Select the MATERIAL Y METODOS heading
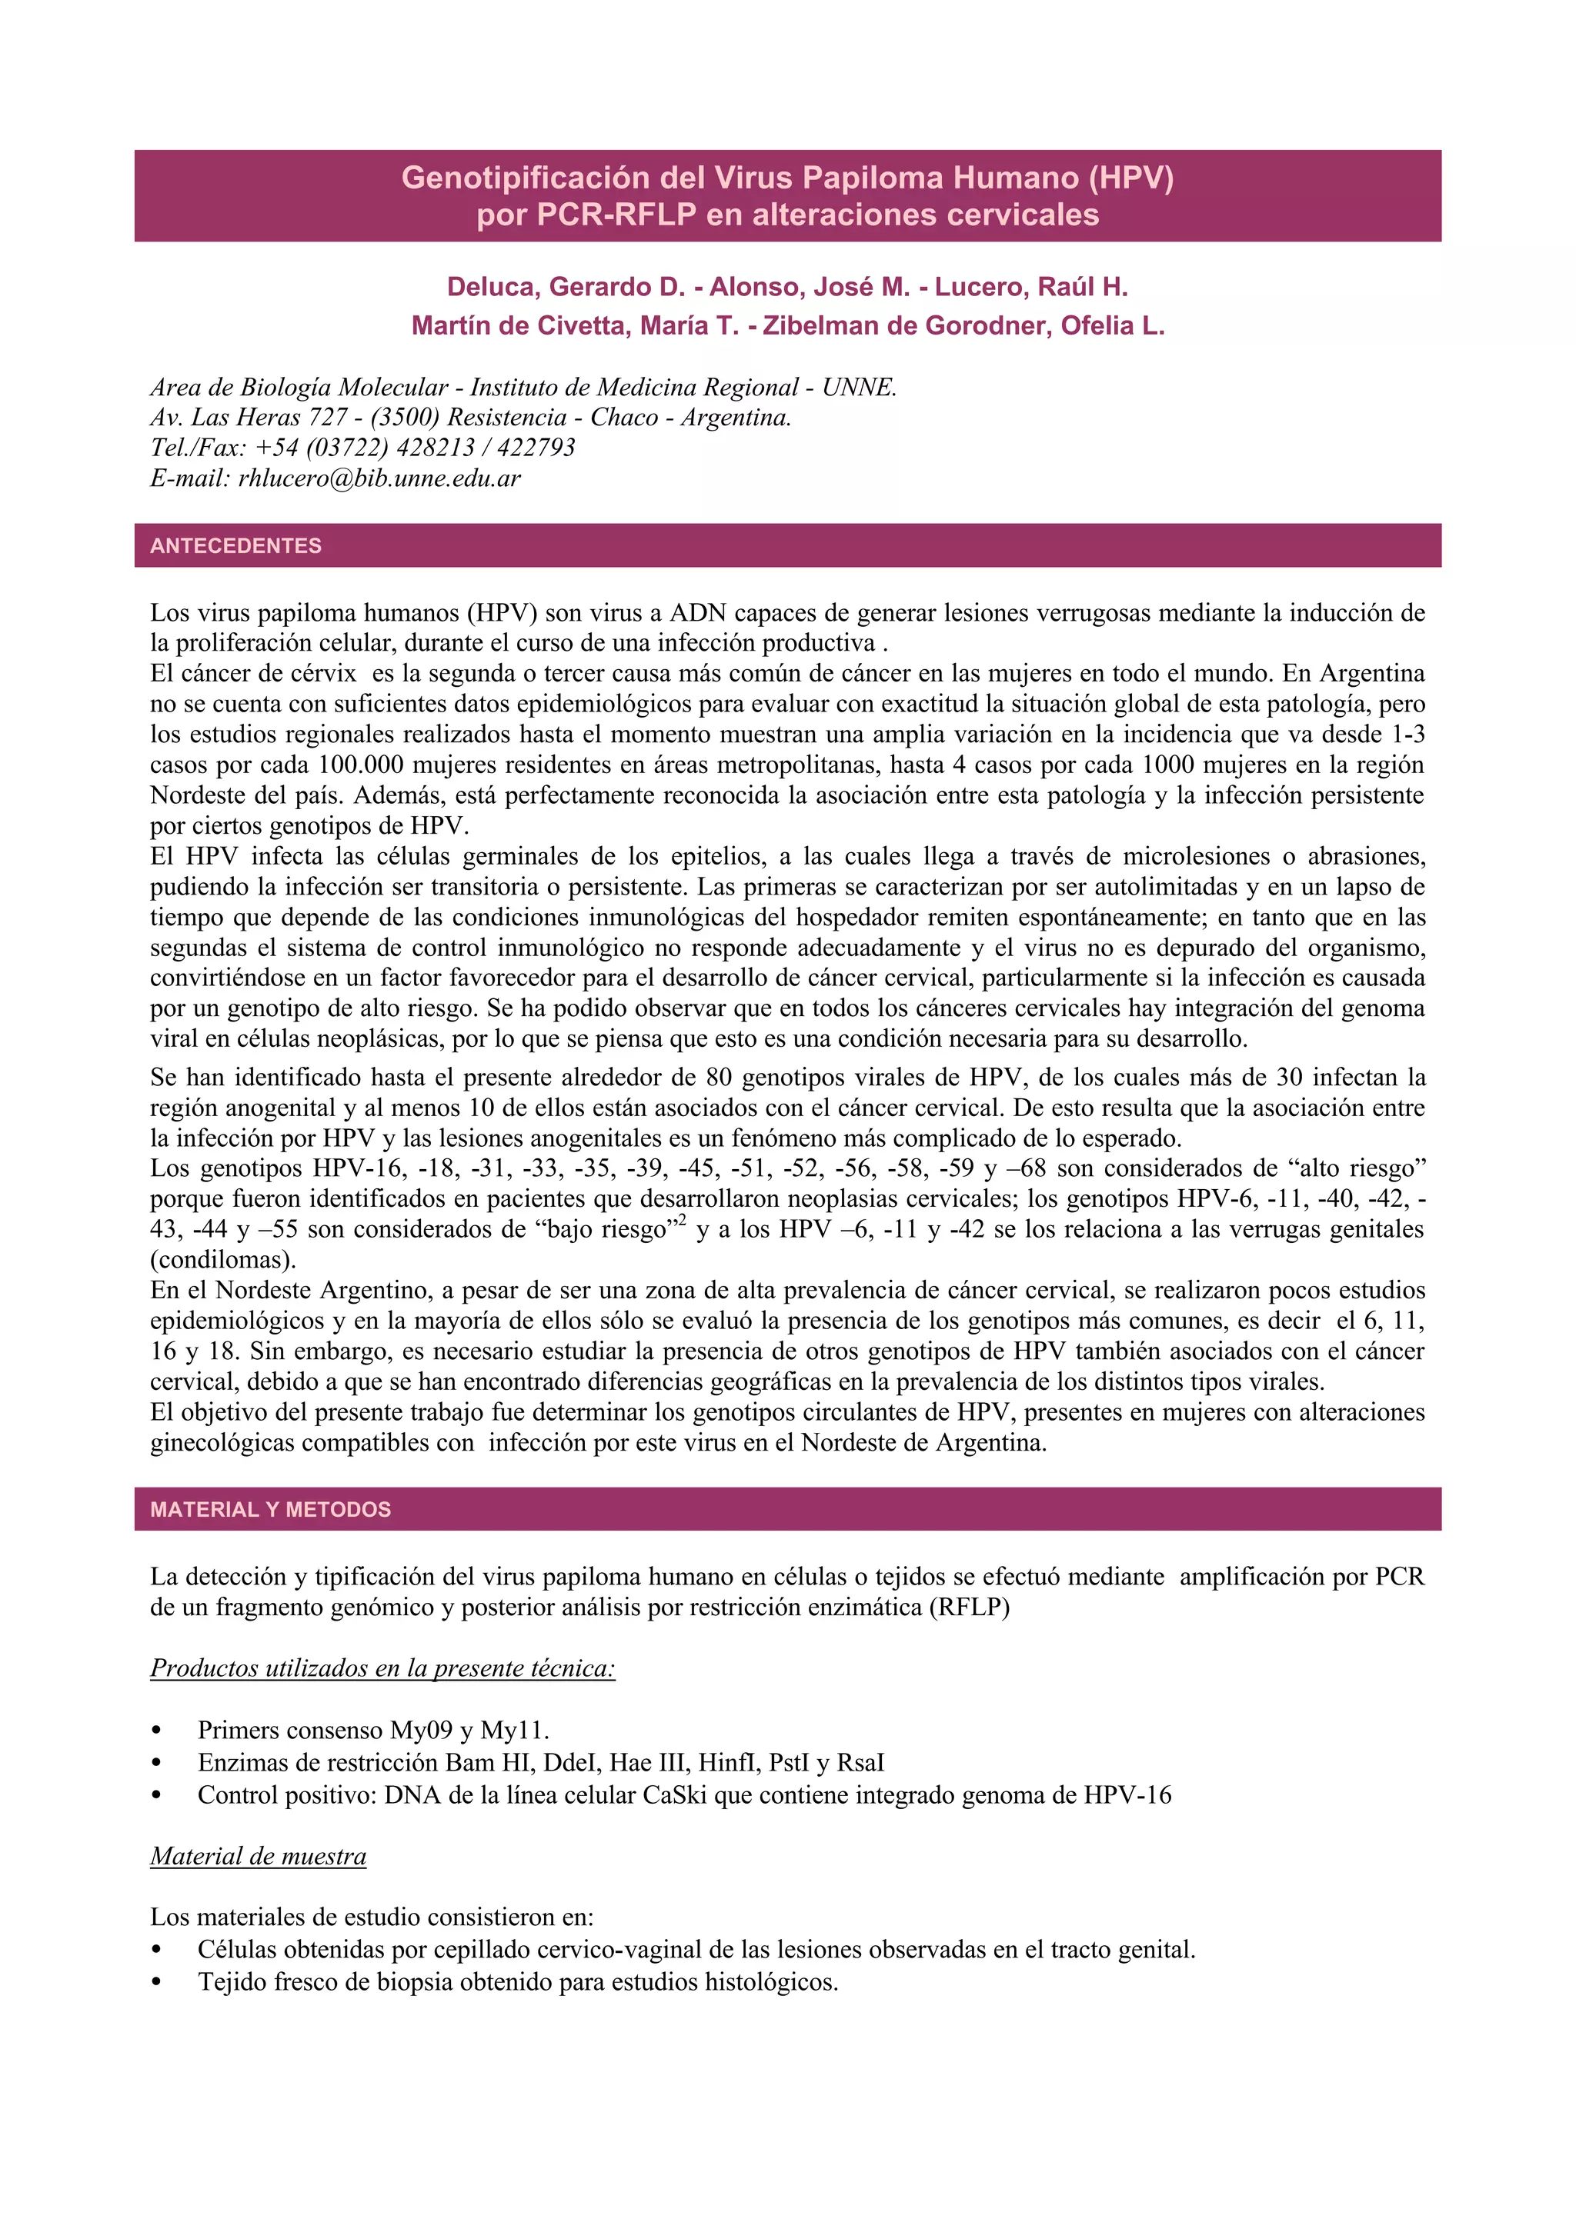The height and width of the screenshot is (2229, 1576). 270,1510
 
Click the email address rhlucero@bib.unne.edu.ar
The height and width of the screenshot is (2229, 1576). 379,478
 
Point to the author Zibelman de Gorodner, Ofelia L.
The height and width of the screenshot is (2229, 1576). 963,325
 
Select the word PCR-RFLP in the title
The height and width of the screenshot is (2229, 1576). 616,215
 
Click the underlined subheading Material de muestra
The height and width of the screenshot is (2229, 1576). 259,1856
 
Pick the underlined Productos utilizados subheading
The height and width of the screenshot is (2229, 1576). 382,1668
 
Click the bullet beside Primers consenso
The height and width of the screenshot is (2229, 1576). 156,1731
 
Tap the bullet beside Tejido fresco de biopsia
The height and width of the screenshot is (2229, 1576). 156,1982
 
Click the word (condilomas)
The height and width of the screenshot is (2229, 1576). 222,1260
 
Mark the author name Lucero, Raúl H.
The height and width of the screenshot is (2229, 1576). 1031,288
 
